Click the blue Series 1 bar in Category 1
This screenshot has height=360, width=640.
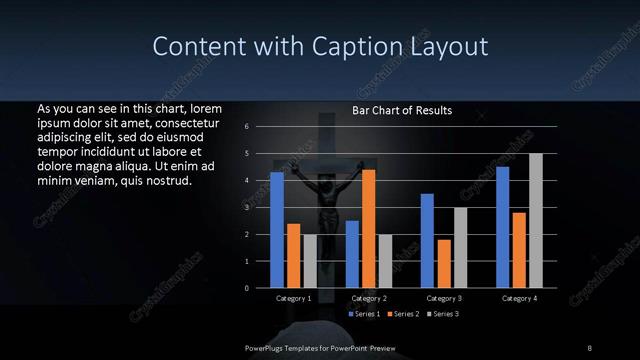tap(277, 230)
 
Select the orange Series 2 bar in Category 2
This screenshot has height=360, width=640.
tap(368, 229)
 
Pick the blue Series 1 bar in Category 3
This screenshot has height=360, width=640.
tap(427, 241)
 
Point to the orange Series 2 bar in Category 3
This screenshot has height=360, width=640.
tap(443, 264)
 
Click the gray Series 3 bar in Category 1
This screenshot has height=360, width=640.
tap(309, 261)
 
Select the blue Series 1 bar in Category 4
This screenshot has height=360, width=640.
tap(502, 227)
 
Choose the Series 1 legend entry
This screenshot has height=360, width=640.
tap(366, 314)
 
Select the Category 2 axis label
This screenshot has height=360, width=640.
tap(368, 298)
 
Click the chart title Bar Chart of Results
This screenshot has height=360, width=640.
tap(402, 110)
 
